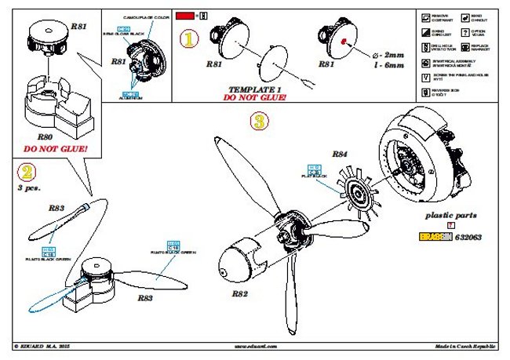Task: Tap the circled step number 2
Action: (26, 171)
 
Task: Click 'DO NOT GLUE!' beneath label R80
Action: (55, 147)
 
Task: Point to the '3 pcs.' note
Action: (29, 188)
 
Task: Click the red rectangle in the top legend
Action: (185, 15)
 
